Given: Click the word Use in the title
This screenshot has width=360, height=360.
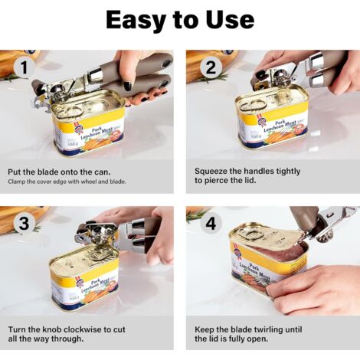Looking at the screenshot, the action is pos(230,20).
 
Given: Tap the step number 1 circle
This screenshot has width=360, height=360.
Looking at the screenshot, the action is pos(24,68).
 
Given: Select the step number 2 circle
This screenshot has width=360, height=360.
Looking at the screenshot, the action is pos(211,68).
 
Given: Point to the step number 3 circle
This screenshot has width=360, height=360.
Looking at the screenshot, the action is pos(24,224).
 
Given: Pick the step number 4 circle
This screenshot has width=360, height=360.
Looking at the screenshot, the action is pos(211,224).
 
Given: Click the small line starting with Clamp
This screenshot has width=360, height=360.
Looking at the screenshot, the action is pos(67,182).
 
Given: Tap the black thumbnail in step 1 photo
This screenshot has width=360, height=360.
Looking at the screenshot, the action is pos(128,86).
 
